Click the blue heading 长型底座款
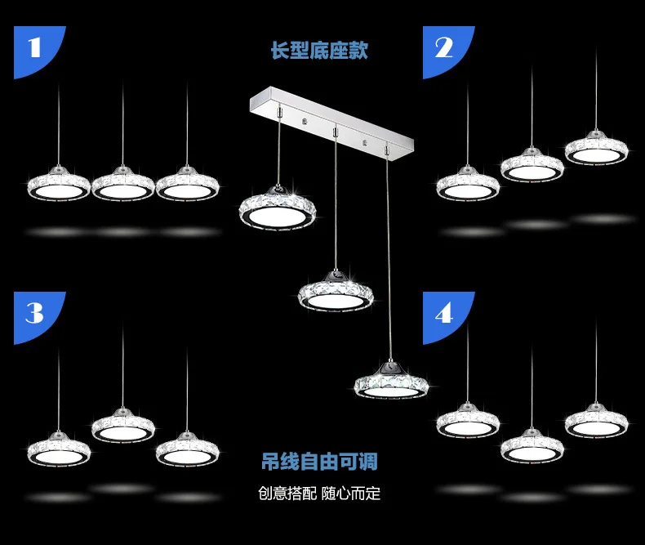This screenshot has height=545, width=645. coord(319,51)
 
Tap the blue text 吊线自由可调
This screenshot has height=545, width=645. coord(319,463)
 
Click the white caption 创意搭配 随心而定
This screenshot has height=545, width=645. coord(319,494)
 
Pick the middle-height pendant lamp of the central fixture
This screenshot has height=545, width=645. coord(336,290)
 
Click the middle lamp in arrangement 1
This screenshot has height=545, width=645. coord(122,185)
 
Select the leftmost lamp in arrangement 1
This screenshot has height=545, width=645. coord(59,185)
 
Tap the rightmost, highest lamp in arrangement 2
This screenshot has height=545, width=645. coord(597,147)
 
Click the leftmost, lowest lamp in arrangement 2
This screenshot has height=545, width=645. coord(468,184)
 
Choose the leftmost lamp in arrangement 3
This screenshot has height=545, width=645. coord(59,448)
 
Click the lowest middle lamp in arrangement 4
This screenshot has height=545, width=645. coord(532,445)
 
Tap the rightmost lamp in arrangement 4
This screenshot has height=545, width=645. coord(597,420)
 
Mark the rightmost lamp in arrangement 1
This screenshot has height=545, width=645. coord(187,185)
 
